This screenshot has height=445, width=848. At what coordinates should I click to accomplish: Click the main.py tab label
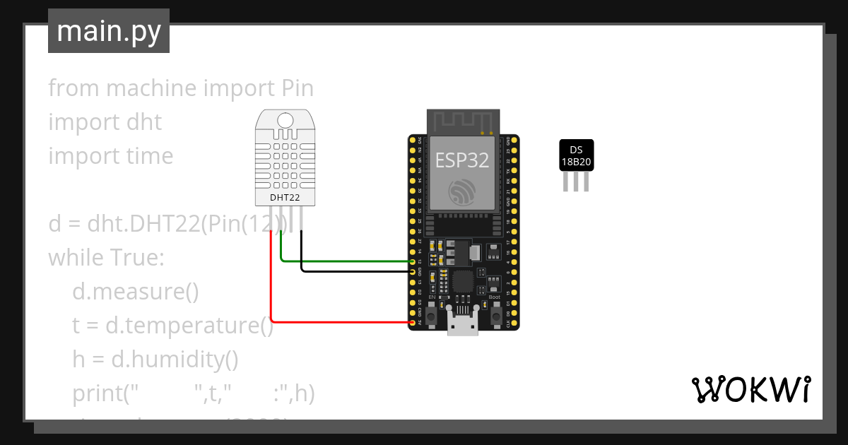point(108,31)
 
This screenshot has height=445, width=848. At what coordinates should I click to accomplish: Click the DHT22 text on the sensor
point(284,197)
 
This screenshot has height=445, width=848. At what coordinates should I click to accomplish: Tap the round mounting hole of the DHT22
point(285,120)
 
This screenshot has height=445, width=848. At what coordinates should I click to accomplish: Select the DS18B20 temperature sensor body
point(576,155)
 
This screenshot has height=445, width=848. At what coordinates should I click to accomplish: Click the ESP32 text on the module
point(461,160)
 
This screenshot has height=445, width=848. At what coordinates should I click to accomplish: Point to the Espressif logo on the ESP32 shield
point(461,191)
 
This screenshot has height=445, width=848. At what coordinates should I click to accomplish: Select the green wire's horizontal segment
point(346,261)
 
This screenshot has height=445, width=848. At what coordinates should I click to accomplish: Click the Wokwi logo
point(750,389)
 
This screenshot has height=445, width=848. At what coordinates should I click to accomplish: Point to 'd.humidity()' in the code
point(155,360)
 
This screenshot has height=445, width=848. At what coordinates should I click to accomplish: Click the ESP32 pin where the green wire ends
point(413,261)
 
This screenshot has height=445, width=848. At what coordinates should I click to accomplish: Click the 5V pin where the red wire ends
point(413,322)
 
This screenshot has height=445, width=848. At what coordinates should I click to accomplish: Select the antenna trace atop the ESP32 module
point(463,121)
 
